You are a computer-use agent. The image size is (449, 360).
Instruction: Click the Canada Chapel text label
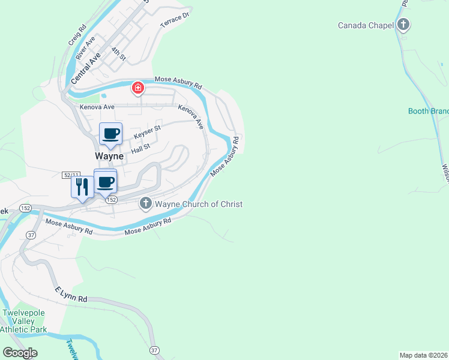point(366,25)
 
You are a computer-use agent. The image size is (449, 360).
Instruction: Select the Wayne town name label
point(109,156)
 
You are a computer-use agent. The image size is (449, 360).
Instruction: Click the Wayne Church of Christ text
point(199,204)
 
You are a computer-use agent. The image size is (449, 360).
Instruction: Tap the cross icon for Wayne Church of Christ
point(145,204)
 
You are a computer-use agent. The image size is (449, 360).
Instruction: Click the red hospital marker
point(138,89)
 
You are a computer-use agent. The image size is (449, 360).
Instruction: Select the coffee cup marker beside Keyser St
point(110,133)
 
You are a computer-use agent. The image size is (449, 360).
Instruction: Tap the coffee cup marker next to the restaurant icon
point(106,181)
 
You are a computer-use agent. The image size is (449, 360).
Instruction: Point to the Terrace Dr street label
point(174,20)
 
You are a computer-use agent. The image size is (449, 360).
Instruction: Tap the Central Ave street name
point(85,68)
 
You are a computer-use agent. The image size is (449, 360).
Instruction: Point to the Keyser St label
point(147,131)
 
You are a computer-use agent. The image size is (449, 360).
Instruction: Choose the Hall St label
point(140,148)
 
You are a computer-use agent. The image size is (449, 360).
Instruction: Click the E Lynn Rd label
point(71,294)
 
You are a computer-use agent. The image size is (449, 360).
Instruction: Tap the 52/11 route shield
point(70,175)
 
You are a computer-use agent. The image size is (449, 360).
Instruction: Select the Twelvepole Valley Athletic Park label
point(24,322)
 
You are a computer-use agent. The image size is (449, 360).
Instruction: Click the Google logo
point(20,353)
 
